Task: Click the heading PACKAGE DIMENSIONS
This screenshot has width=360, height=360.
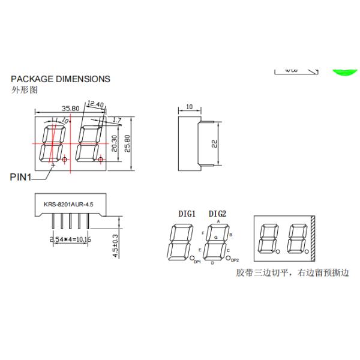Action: [61, 79]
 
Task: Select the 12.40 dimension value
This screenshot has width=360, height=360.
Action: [95, 104]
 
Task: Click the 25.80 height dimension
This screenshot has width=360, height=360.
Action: [127, 143]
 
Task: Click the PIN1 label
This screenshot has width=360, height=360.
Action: [22, 177]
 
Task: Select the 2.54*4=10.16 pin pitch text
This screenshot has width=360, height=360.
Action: [70, 239]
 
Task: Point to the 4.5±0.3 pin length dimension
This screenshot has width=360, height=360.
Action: [115, 245]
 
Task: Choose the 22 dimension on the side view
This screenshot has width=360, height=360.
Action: [214, 143]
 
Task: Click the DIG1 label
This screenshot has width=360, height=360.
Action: [187, 214]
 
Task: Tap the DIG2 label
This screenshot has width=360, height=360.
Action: [217, 214]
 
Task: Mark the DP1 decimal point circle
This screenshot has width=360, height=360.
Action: [191, 259]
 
